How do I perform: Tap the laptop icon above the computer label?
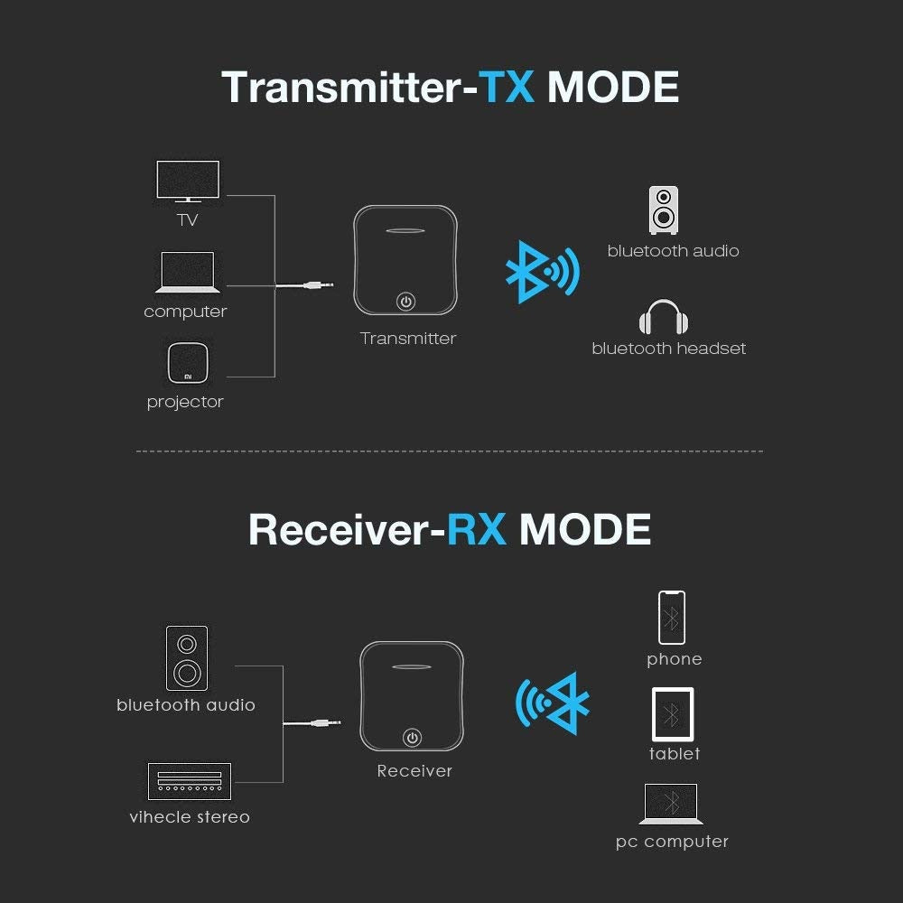(x=187, y=272)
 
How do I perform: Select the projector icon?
(x=188, y=363)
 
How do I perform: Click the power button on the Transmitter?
(x=406, y=302)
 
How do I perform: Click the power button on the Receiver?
(x=413, y=738)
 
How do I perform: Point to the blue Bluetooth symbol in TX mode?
(x=542, y=272)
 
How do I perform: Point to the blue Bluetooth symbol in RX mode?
(x=553, y=703)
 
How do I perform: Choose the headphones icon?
(x=664, y=317)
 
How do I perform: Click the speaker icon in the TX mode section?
(x=664, y=210)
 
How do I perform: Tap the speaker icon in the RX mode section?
(x=187, y=658)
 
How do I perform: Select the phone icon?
(x=672, y=618)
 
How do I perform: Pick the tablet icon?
(x=673, y=714)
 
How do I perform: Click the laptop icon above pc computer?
(x=671, y=804)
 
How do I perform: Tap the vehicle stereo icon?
(x=190, y=781)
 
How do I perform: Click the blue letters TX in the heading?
(x=507, y=87)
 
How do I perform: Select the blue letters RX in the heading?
(x=476, y=529)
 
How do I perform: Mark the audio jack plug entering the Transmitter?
(x=318, y=284)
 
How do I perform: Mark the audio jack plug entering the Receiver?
(x=325, y=722)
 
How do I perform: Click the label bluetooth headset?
(x=668, y=349)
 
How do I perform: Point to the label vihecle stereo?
(x=190, y=817)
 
